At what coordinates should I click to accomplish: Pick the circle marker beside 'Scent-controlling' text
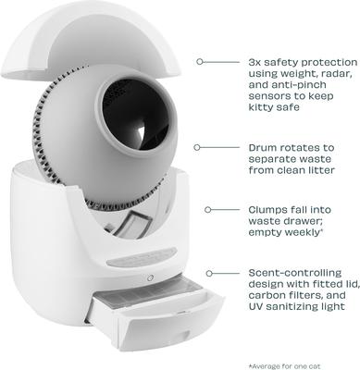tap(209, 274)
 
